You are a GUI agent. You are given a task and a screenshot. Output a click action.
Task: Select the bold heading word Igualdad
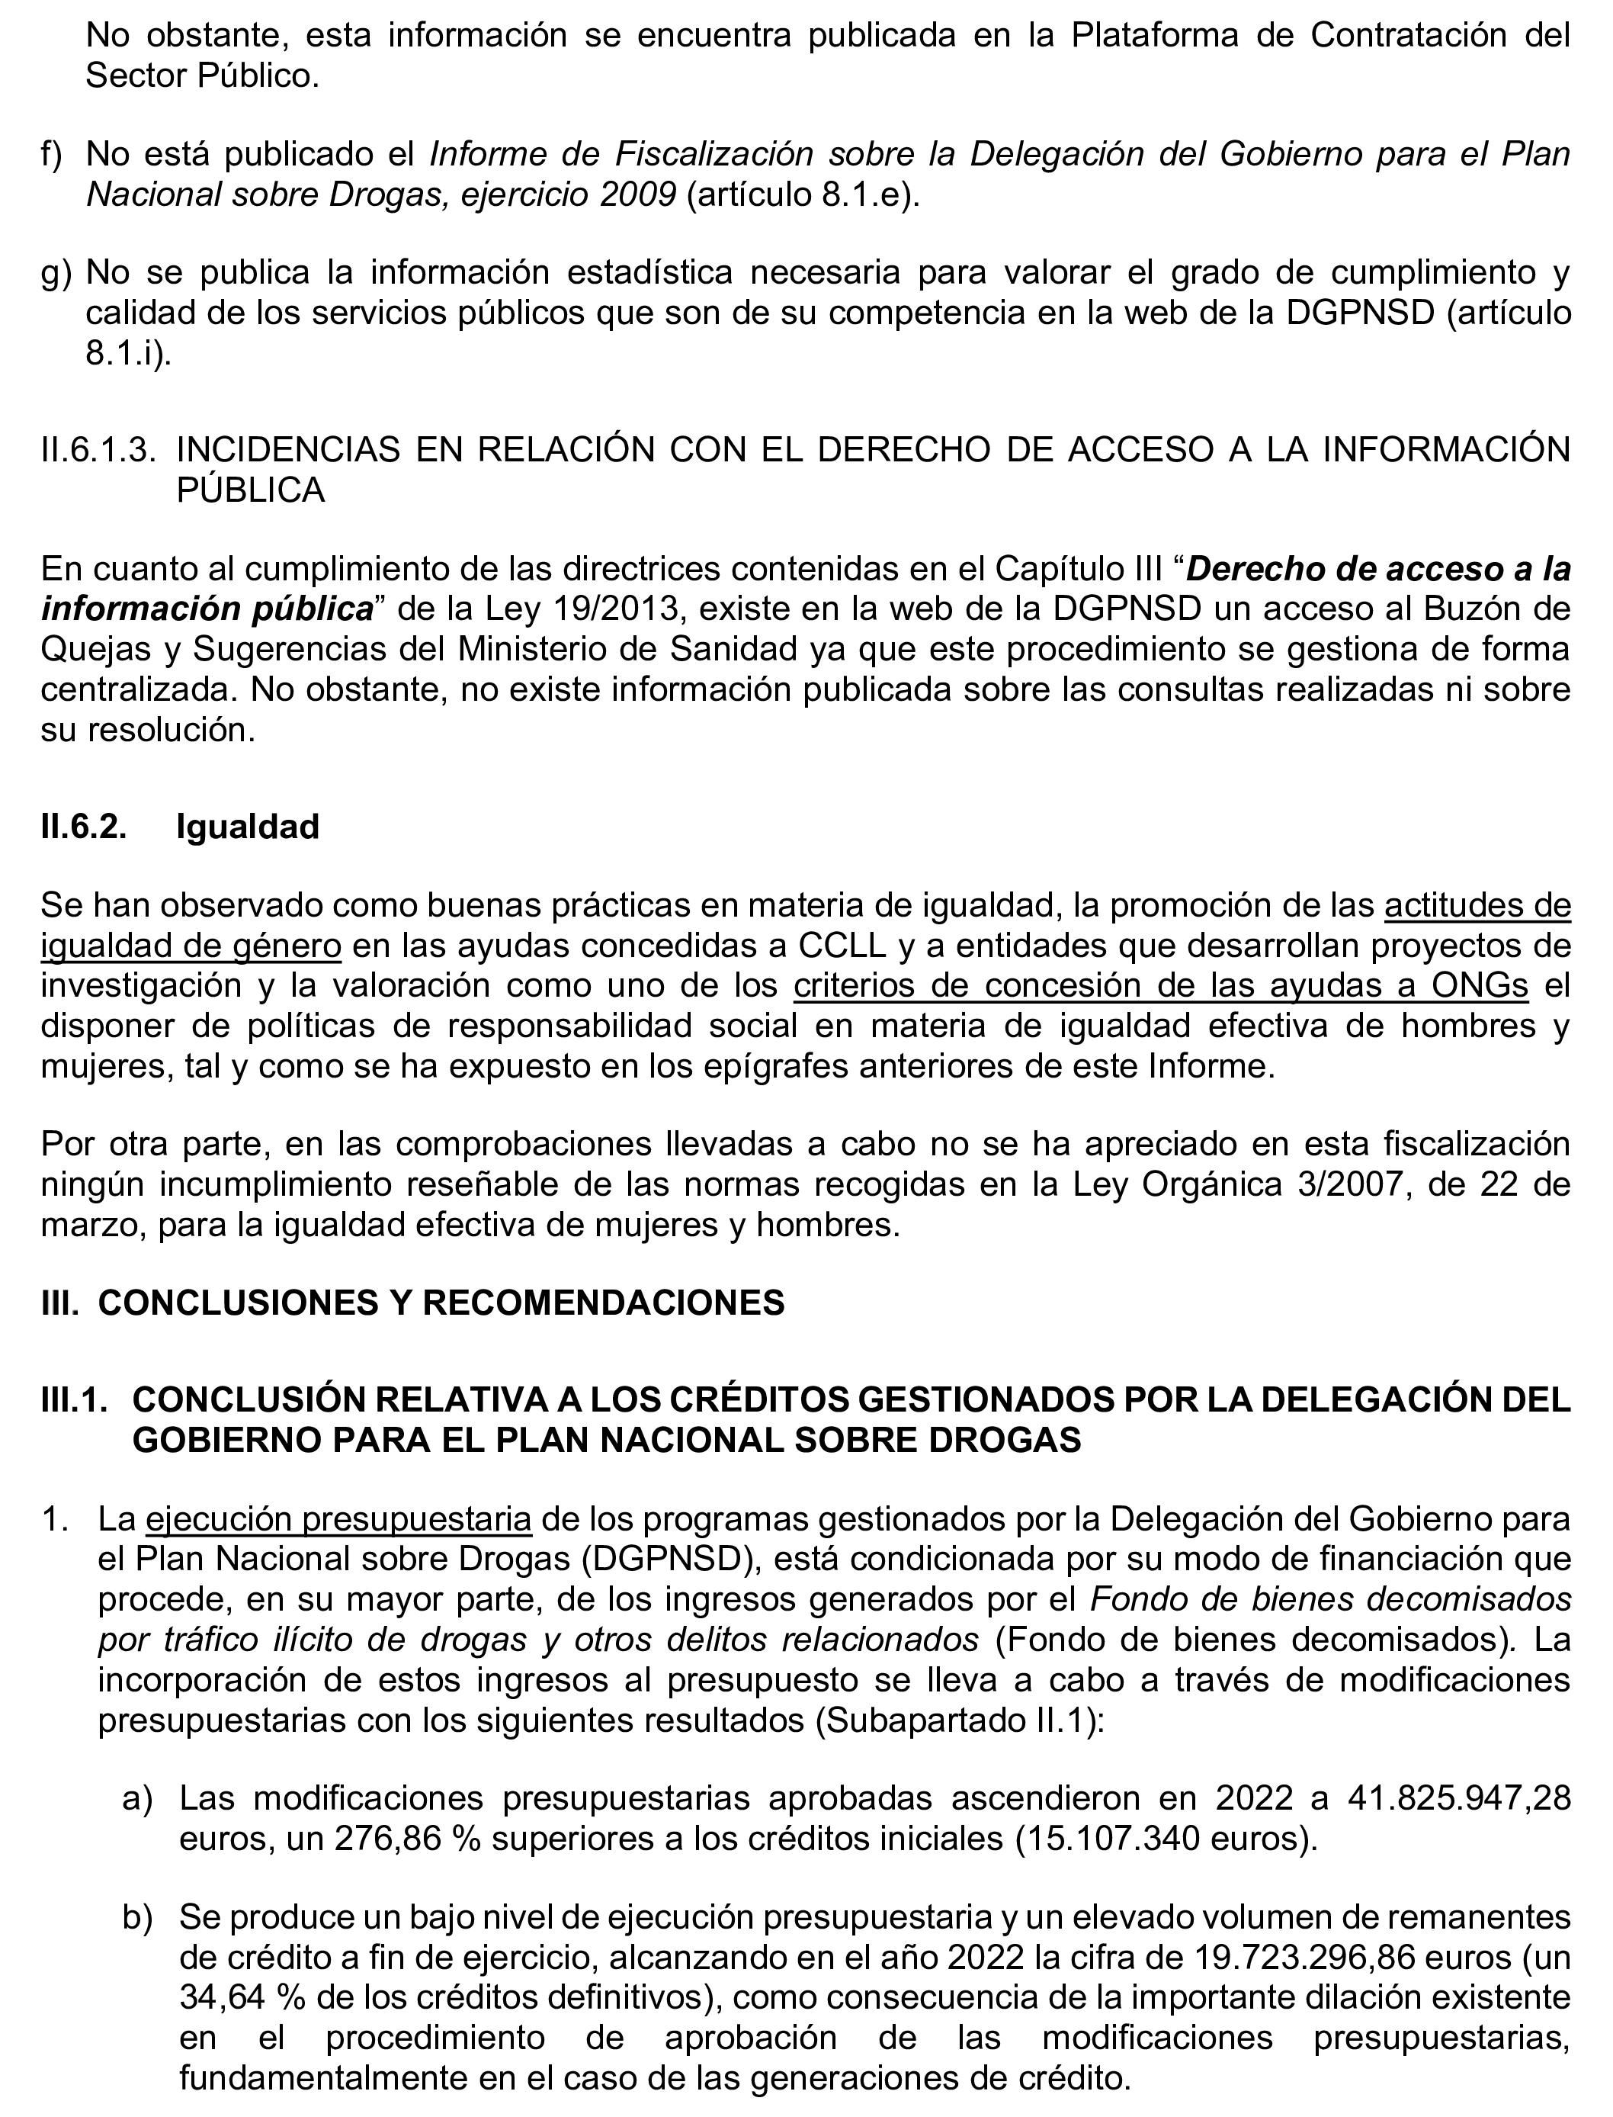pyautogui.click(x=247, y=827)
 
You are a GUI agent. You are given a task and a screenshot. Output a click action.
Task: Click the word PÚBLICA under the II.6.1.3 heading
pyautogui.click(x=251, y=491)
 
